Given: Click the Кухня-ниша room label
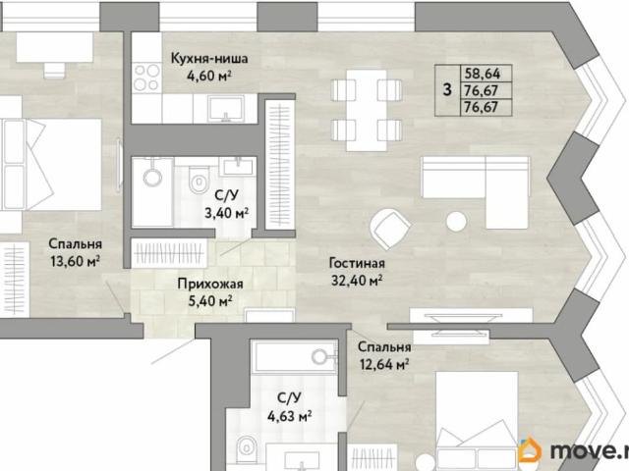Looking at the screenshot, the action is [209, 59].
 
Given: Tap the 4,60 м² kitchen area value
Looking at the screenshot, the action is [209, 76].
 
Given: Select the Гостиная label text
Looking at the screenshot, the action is [357, 263].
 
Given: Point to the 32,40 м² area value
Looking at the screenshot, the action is [356, 281].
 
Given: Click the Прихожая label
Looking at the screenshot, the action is [210, 284].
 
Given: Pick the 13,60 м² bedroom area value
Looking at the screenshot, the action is [75, 261].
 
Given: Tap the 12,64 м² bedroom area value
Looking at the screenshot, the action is [384, 364].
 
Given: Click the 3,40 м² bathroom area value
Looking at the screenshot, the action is [227, 213].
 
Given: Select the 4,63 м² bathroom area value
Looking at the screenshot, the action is [290, 416].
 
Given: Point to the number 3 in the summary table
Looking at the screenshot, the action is [447, 90].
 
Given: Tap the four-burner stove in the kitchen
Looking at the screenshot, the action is [146, 78].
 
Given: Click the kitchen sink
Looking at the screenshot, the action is [226, 108].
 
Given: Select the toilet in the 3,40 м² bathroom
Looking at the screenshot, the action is [199, 180].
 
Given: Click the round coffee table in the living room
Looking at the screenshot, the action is [456, 221].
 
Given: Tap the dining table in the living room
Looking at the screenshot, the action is [367, 111].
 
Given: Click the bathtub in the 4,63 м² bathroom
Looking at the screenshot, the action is [294, 356].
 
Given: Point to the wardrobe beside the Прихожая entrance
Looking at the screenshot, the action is [169, 253].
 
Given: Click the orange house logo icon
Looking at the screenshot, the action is [530, 449].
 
